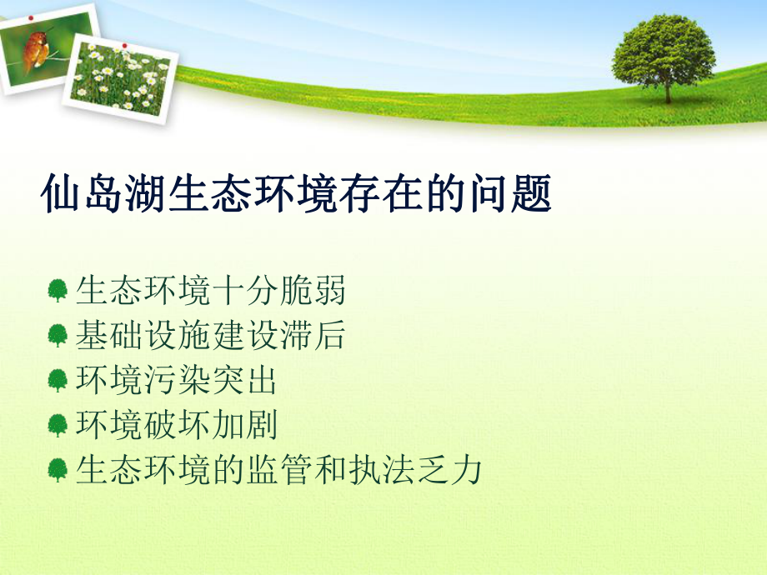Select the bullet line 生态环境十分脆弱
(x=210, y=291)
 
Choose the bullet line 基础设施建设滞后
(x=210, y=336)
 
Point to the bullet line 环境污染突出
(x=176, y=381)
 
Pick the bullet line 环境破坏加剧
(x=176, y=425)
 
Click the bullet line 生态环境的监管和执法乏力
(x=278, y=470)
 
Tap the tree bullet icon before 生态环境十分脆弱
(x=58, y=292)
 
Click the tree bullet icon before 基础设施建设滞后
(x=58, y=337)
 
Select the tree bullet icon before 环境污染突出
(x=58, y=382)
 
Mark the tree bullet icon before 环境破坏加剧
(x=58, y=426)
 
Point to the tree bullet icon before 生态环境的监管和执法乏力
(x=58, y=471)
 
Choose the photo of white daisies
(x=121, y=77)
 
